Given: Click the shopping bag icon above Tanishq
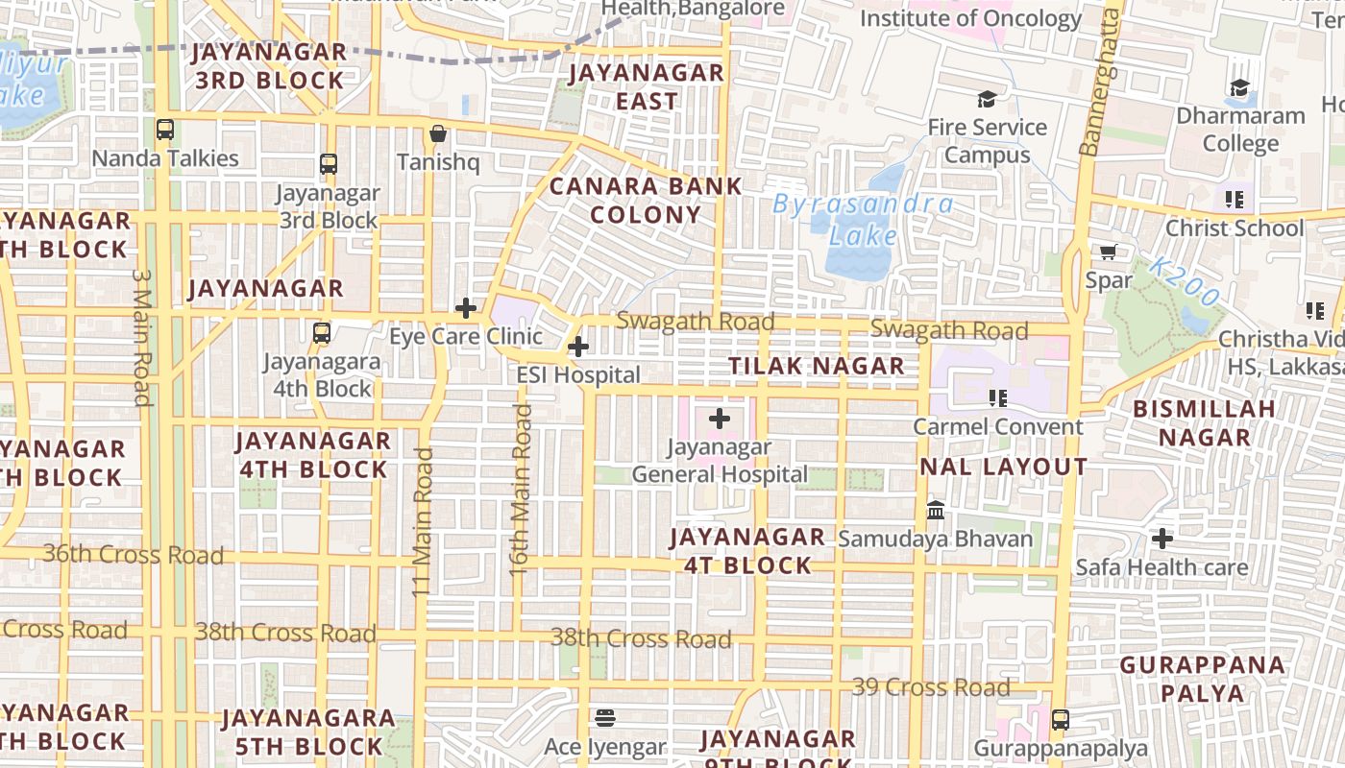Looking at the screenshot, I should pos(438,133).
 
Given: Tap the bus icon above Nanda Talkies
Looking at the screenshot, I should pos(165,130).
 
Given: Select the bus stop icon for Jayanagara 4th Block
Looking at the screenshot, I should pos(322,333).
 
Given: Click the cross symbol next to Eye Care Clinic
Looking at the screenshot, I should pos(466,308).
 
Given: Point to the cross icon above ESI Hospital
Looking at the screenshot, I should pos(578,347).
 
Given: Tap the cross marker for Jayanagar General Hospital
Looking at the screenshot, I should pos(720,419).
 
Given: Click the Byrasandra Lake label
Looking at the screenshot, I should pos(863,220).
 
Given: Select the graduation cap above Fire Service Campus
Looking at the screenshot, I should pos(987,99).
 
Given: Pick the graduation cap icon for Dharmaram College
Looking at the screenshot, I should pos(1240,88).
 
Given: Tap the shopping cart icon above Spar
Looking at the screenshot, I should pos(1108,252).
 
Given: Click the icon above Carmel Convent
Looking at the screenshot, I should pos(998,397).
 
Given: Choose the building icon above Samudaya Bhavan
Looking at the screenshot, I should pos(936,511).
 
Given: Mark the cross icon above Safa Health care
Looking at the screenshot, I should pos(1162,539).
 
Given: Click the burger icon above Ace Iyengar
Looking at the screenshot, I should pos(604,718).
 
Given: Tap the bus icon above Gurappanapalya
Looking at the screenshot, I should pos(1061,719).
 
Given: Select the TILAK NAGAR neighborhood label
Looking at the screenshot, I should pos(816,366).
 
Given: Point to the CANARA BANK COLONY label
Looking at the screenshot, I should pos(646,201).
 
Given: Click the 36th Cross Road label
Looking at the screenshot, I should pos(134,555).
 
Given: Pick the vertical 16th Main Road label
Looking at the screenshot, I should pos(520,490).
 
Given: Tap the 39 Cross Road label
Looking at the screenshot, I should pos(931,687).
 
